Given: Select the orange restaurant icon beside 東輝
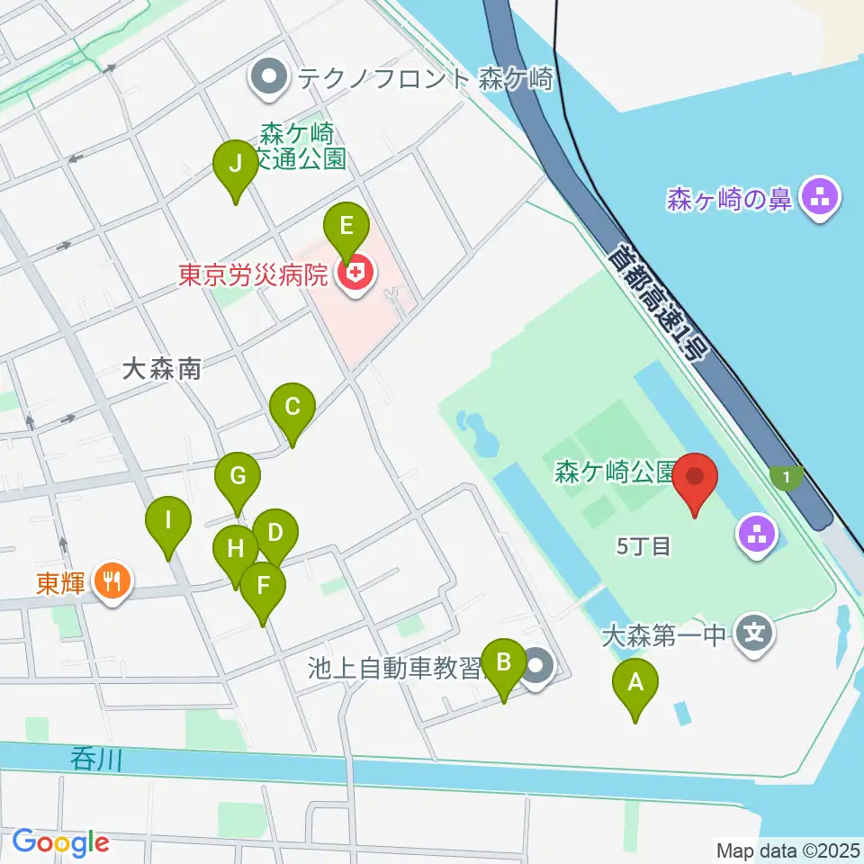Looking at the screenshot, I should click(x=112, y=582).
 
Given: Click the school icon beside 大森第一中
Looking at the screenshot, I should click(x=754, y=635).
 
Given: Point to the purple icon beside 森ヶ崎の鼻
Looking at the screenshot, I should click(x=820, y=198).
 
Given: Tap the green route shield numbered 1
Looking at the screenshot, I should click(x=787, y=477).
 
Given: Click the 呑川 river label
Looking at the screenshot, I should click(x=94, y=760).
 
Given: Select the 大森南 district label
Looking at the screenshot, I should click(x=161, y=368).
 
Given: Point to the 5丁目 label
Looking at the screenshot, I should click(x=644, y=546).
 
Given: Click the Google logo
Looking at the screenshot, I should click(x=60, y=843).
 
